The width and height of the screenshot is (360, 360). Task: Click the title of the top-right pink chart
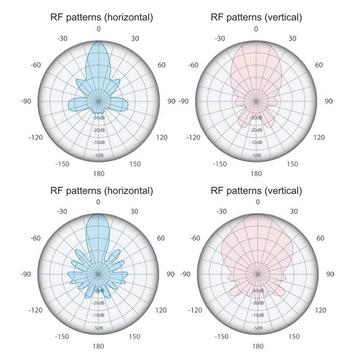(x=256, y=18)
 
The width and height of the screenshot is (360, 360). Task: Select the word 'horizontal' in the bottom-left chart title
(x=127, y=191)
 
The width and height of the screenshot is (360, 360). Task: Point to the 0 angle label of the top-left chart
(x=98, y=29)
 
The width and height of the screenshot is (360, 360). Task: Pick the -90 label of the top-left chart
(x=25, y=101)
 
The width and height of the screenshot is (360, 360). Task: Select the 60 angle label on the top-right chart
(x=320, y=65)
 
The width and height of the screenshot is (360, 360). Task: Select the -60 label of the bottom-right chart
(x=193, y=238)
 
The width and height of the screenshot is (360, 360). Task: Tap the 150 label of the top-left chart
(x=135, y=164)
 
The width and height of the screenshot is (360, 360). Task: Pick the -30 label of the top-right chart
(x=220, y=38)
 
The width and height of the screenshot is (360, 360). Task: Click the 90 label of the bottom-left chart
(x=171, y=274)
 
